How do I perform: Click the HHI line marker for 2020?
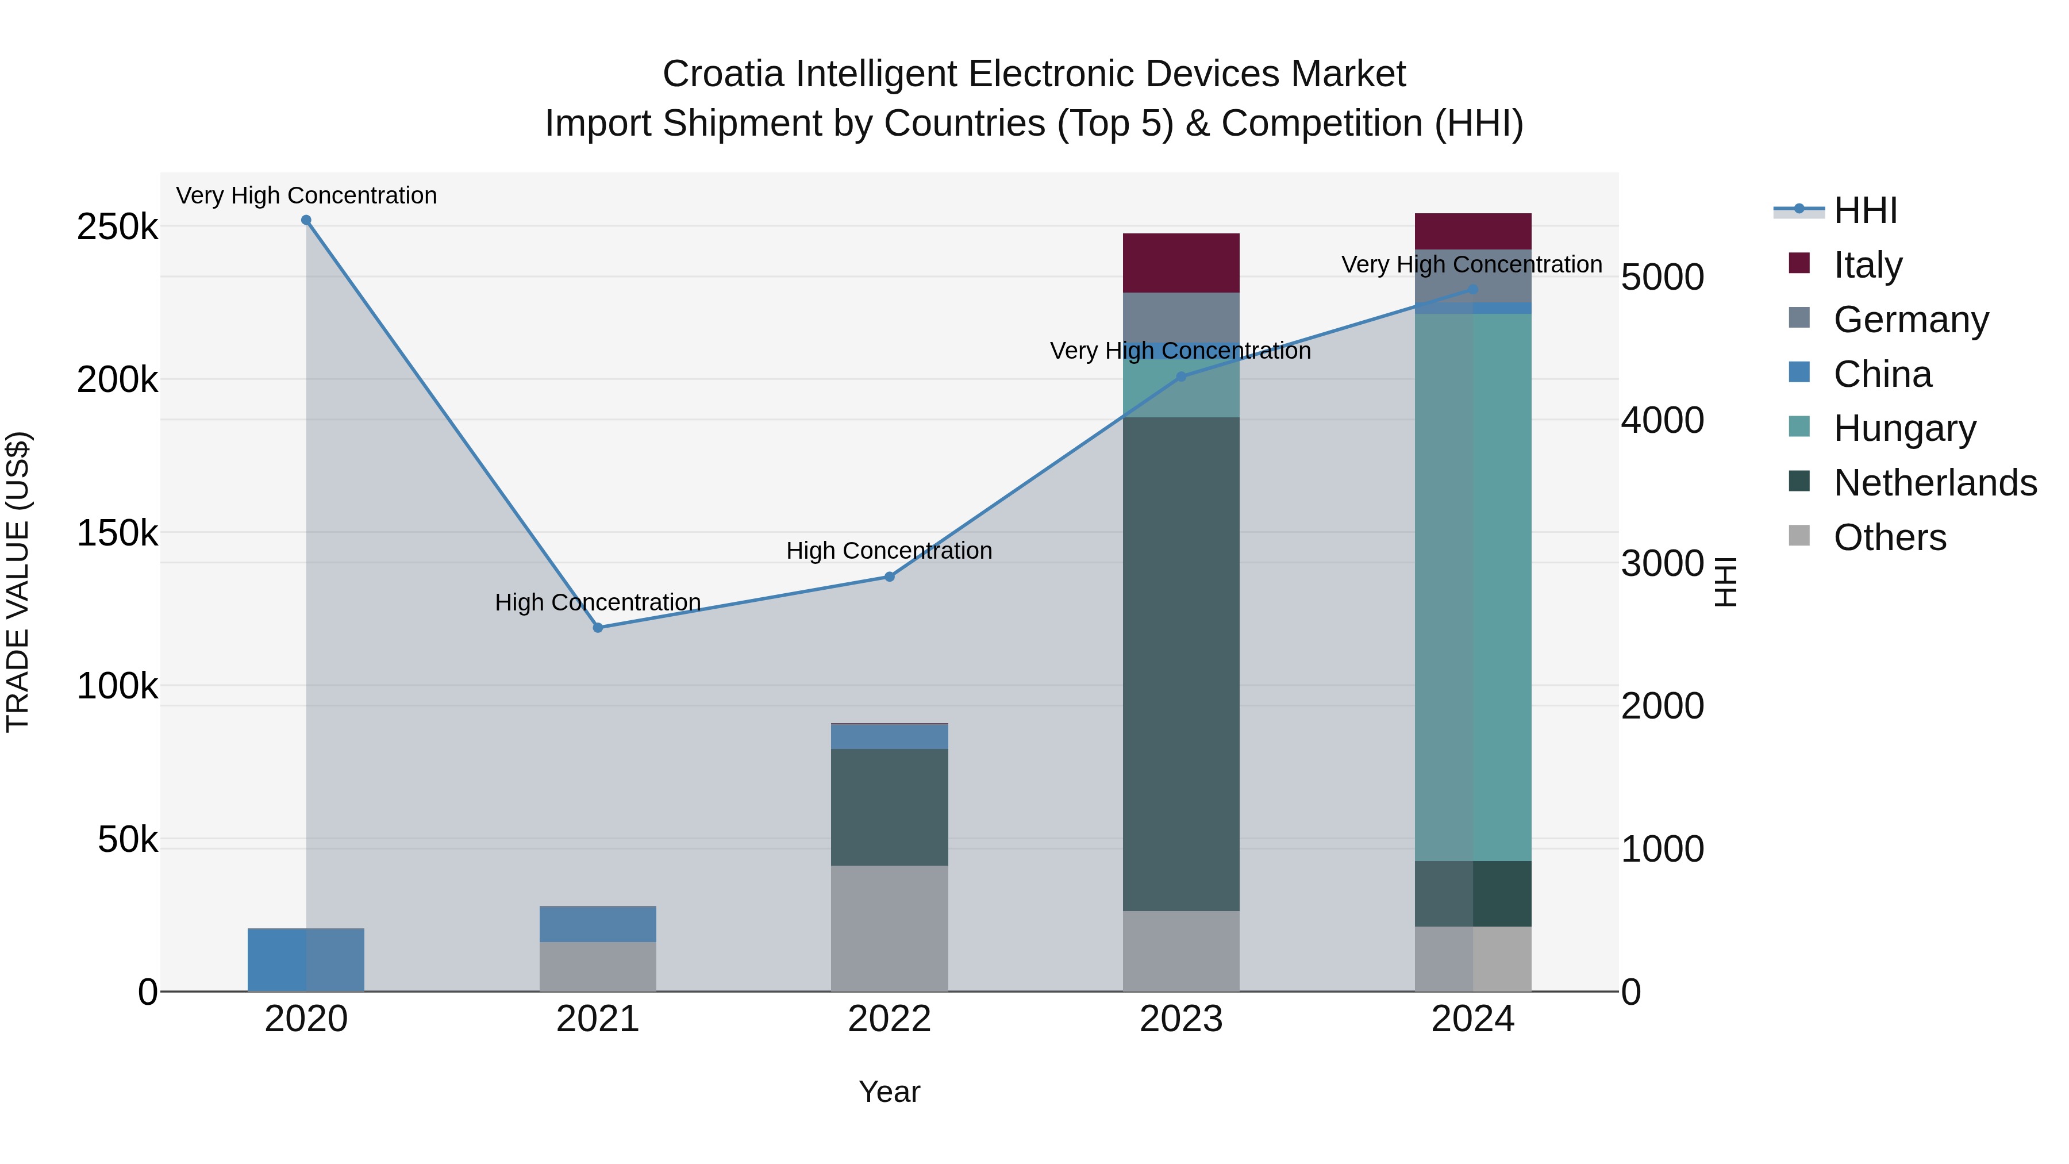click(x=306, y=220)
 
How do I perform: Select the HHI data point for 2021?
click(x=598, y=627)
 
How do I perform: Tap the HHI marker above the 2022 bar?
click(x=889, y=577)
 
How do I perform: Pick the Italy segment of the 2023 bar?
click(x=1180, y=263)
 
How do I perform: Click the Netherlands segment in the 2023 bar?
click(x=1180, y=663)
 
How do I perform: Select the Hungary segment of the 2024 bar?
click(x=1473, y=586)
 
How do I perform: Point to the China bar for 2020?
click(x=306, y=960)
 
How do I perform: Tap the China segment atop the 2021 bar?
click(x=598, y=924)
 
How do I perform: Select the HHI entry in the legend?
click(x=1865, y=210)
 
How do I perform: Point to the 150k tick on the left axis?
click(x=117, y=533)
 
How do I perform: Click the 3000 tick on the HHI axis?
click(x=1662, y=563)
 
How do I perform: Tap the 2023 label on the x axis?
click(x=1180, y=1019)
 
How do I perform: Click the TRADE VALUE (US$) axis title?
click(x=18, y=582)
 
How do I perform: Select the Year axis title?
click(x=889, y=1092)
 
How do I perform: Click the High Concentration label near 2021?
click(x=598, y=602)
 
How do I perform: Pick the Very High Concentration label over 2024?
click(x=1471, y=264)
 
